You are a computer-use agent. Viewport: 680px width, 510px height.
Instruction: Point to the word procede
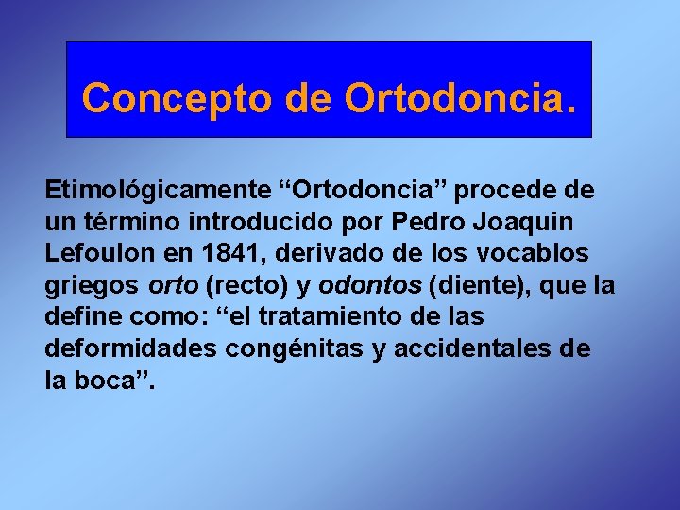pyautogui.click(x=509, y=190)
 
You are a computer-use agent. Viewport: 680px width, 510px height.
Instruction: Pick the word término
pyautogui.click(x=125, y=223)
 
